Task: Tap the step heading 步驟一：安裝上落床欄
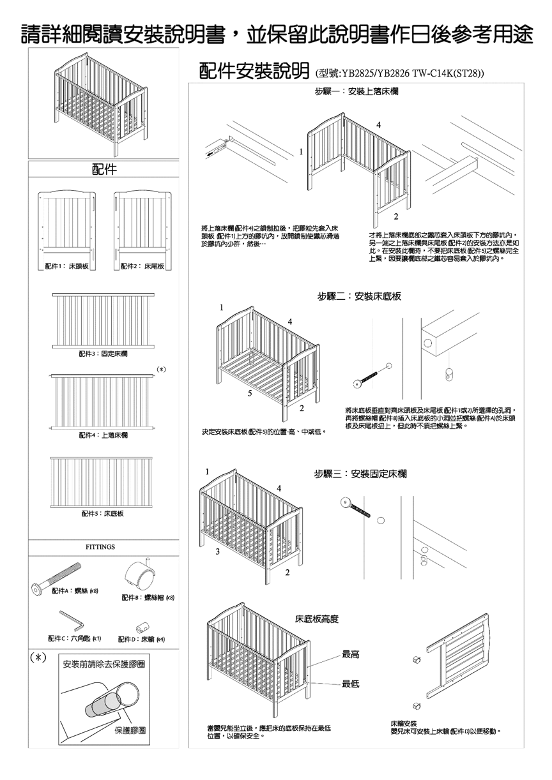point(356,93)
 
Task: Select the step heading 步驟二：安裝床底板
point(360,296)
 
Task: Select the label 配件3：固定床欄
point(103,354)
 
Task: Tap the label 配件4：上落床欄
point(103,435)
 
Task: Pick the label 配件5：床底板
point(103,513)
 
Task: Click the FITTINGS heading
point(100,547)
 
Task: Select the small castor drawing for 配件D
point(142,626)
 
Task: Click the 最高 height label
point(350,654)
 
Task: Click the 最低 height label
point(350,684)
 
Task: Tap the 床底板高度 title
point(316,619)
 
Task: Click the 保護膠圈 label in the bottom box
point(131,730)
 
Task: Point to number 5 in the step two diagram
point(250,394)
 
